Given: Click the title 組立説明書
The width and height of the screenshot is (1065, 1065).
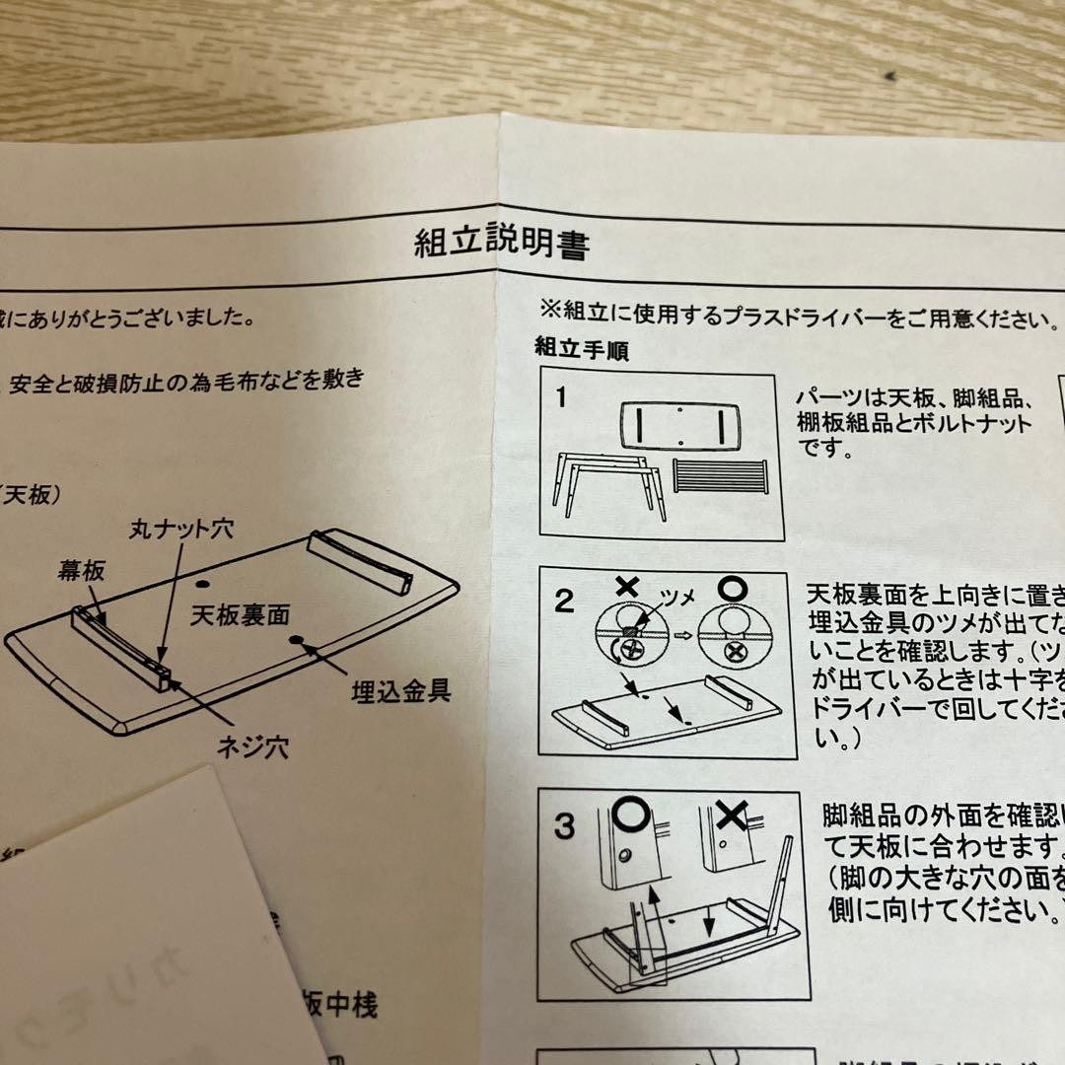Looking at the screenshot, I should pyautogui.click(x=502, y=243).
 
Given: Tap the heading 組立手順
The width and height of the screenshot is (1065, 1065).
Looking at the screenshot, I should pyautogui.click(x=581, y=348).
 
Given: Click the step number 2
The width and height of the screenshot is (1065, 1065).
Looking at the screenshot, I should pyautogui.click(x=563, y=601).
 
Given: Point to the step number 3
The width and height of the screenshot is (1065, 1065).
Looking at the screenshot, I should pyautogui.click(x=563, y=825).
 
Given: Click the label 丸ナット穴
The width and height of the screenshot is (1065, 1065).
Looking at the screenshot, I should pyautogui.click(x=180, y=530).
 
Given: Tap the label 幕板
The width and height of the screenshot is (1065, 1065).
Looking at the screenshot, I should pyautogui.click(x=82, y=570).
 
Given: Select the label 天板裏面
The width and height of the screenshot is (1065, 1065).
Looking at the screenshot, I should pyautogui.click(x=240, y=617).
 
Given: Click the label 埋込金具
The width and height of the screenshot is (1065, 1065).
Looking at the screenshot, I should pyautogui.click(x=401, y=689).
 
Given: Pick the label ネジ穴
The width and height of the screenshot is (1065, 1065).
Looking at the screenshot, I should pyautogui.click(x=252, y=746).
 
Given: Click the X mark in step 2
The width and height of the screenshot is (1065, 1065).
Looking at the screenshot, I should pyautogui.click(x=626, y=586).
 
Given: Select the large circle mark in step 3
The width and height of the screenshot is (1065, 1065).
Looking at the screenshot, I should pyautogui.click(x=627, y=816).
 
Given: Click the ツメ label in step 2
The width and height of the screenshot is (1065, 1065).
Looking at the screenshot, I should pyautogui.click(x=681, y=598).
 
